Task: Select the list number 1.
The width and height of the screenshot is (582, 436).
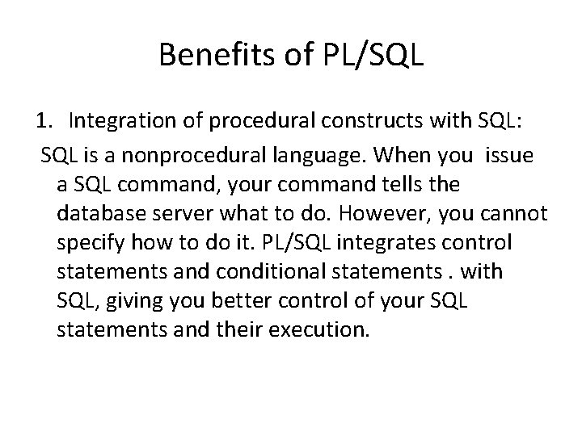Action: [44, 121]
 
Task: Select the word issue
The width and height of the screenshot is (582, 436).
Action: [509, 155]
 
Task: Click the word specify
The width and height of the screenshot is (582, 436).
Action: [91, 243]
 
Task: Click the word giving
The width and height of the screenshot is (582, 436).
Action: [142, 301]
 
